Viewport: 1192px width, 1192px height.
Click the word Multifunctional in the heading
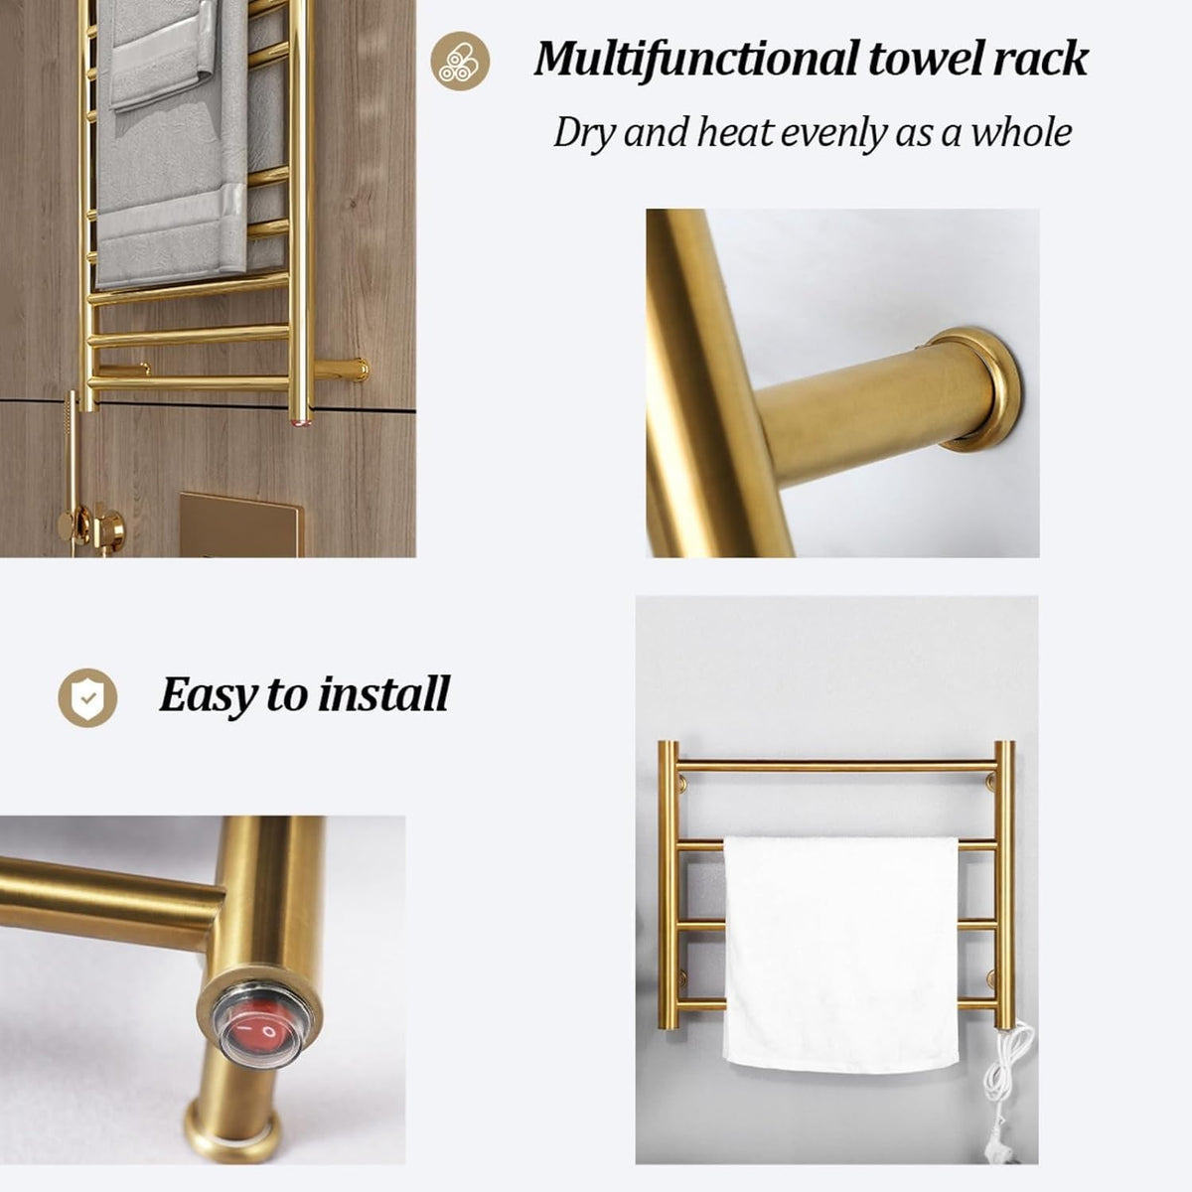[x=695, y=60]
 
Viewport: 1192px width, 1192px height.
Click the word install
[x=384, y=693]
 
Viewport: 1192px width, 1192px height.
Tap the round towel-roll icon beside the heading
[x=460, y=62]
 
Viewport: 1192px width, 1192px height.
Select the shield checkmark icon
[x=87, y=697]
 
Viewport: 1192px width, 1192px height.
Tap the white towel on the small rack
[x=840, y=954]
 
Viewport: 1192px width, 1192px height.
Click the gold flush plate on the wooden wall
[x=241, y=524]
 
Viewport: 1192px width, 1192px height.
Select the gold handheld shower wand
[x=72, y=445]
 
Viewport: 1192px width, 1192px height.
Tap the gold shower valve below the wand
[x=91, y=527]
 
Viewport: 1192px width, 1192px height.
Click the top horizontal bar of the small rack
[x=836, y=767]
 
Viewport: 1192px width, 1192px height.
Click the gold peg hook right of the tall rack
[x=341, y=371]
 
